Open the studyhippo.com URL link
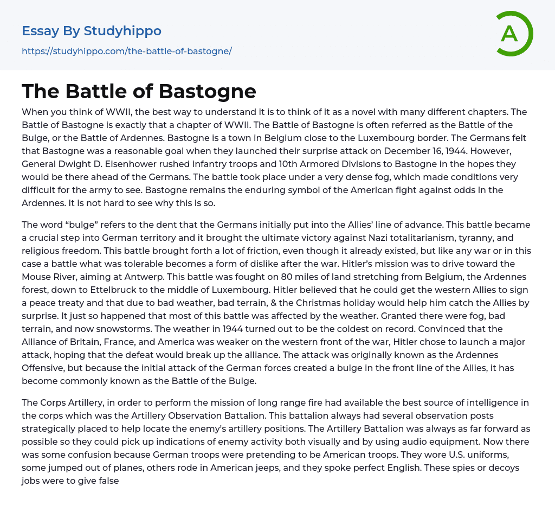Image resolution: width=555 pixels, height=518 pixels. point(127,52)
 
